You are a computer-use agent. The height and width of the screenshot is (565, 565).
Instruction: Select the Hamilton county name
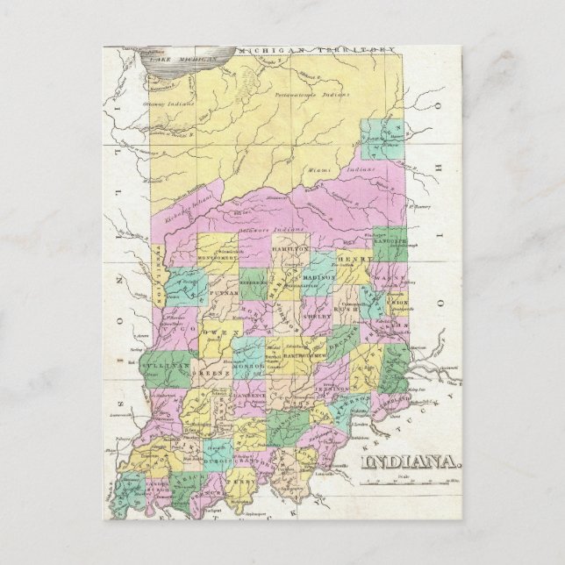pyautogui.click(x=291, y=250)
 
